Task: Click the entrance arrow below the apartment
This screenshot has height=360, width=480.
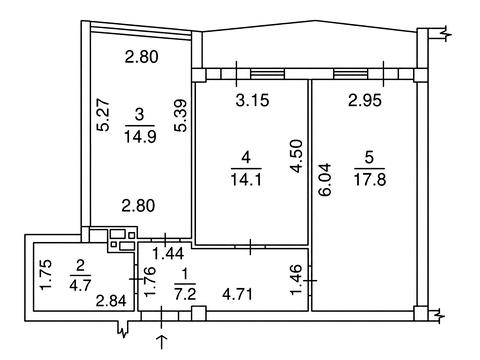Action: [162, 342]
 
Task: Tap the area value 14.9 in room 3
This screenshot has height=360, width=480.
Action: [140, 136]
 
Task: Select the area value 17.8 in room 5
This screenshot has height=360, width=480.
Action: [370, 179]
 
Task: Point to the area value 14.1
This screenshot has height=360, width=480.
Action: [246, 179]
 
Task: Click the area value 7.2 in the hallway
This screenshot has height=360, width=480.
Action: [186, 294]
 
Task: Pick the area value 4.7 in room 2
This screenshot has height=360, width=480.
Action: [81, 285]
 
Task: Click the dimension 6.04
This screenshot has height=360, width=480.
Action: [326, 179]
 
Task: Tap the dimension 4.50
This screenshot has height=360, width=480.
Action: [296, 156]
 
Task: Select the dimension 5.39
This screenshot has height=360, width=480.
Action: [182, 116]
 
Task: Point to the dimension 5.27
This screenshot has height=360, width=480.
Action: [104, 114]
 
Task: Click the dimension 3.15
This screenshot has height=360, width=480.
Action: [252, 100]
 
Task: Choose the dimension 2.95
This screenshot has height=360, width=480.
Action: [365, 100]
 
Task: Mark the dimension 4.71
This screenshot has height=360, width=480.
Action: [238, 294]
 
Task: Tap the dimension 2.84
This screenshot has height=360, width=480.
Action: [111, 301]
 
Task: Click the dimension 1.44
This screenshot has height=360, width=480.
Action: [168, 254]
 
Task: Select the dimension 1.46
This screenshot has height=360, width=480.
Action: [296, 280]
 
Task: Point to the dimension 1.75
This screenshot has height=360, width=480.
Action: [46, 275]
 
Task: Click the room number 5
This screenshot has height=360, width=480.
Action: [369, 157]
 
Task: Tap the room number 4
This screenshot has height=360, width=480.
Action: [246, 157]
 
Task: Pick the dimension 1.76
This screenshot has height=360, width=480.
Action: [150, 282]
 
